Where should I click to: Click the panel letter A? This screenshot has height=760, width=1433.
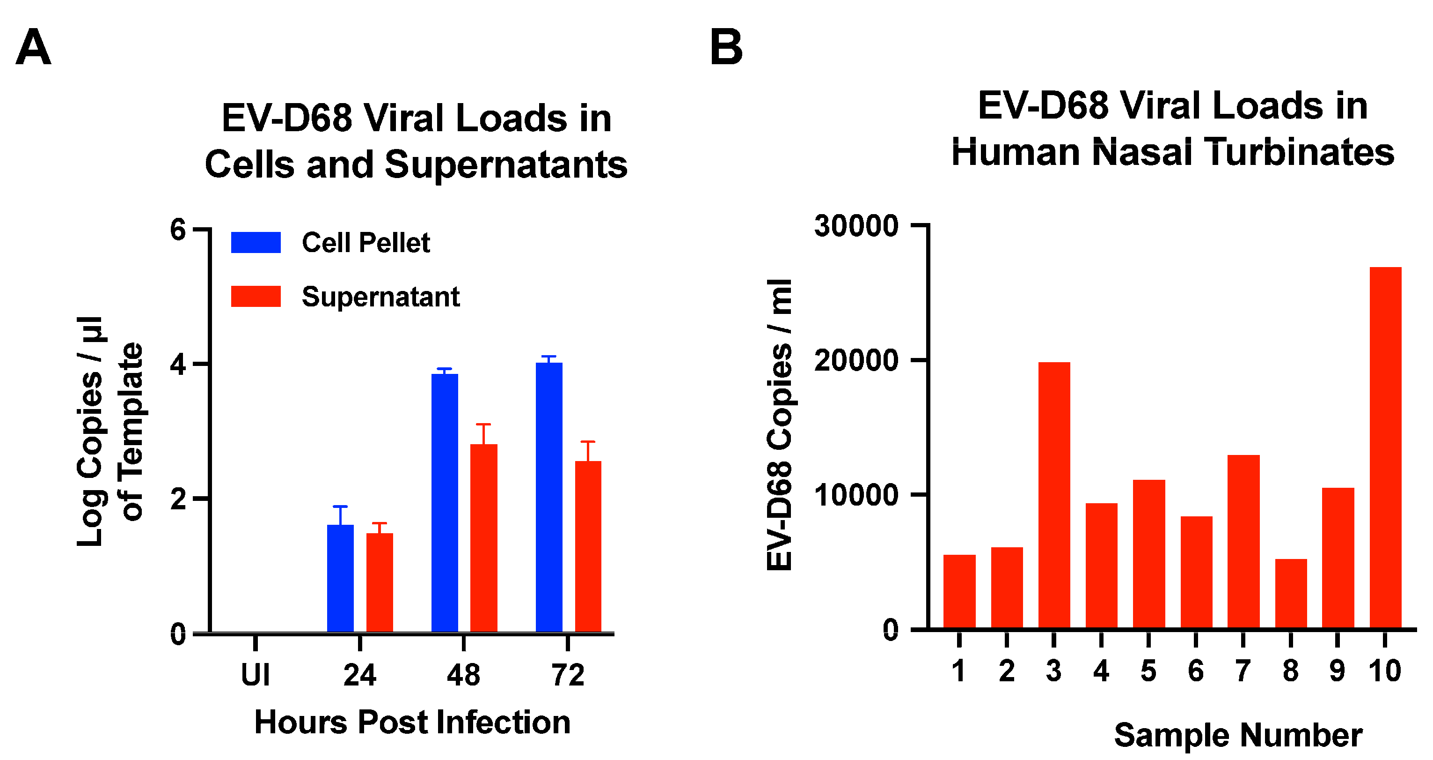point(33,48)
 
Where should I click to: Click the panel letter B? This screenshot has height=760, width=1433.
point(726,48)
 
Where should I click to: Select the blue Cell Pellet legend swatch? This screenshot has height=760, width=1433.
point(256,243)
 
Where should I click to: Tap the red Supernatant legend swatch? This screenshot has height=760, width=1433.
point(256,296)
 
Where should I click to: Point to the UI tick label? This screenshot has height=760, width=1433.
point(256,675)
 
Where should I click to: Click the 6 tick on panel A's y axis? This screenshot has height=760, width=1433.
point(178,230)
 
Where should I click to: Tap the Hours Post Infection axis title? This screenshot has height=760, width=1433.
point(412,722)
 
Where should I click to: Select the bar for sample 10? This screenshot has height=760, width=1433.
point(1385,448)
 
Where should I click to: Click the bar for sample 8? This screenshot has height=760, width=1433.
point(1291,594)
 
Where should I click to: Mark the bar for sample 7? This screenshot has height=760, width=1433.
point(1243,542)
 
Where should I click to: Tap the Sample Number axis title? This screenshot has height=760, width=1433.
point(1238,735)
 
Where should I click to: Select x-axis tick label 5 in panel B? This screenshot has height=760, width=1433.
point(1148,671)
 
